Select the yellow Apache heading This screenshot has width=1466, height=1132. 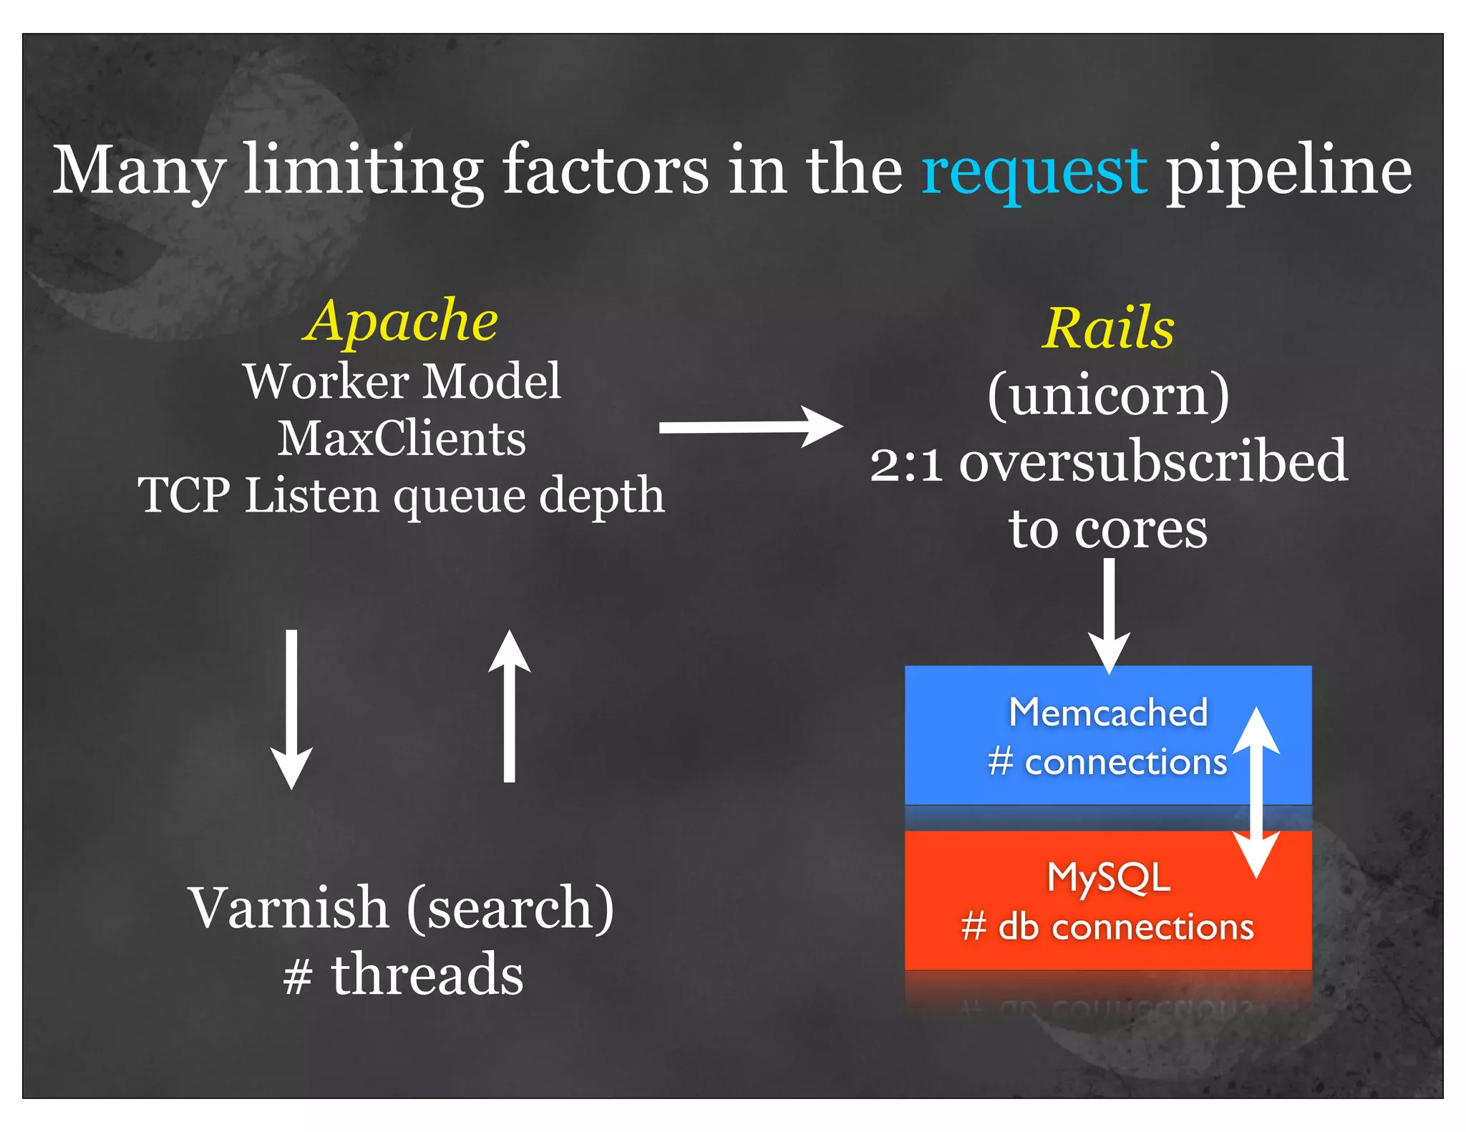click(x=400, y=321)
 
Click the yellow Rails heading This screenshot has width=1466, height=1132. click(x=1107, y=328)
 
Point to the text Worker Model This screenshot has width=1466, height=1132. click(x=402, y=381)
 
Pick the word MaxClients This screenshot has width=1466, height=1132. click(x=402, y=438)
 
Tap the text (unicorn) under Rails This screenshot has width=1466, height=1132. click(x=1108, y=395)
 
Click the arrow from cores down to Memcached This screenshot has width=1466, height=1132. click(x=1109, y=615)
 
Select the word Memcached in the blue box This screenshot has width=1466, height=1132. click(x=1108, y=713)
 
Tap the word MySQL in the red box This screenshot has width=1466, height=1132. click(x=1108, y=877)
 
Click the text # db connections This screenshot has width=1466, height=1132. click(x=1107, y=927)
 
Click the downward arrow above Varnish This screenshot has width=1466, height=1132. click(x=291, y=708)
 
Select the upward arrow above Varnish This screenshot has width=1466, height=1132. click(x=509, y=705)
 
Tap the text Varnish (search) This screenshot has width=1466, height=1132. click(x=401, y=909)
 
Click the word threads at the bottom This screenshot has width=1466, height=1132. click(x=427, y=975)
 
